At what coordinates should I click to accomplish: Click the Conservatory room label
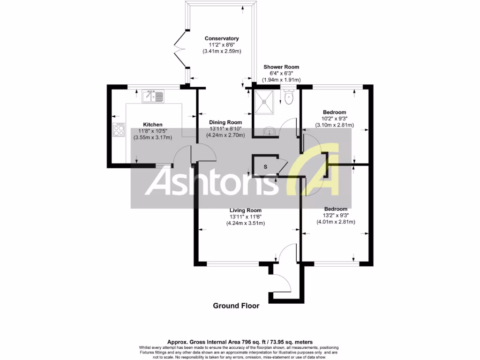pos(222,38)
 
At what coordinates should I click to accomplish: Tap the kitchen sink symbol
pos(153,96)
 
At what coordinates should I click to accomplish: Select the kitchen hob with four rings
pos(119,129)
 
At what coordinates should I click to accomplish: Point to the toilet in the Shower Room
pos(289,97)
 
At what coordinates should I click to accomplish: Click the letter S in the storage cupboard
pos(265,167)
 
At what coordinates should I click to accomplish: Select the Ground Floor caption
pos(236,306)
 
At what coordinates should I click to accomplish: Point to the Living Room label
pos(245,210)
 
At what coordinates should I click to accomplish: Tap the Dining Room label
pos(225,122)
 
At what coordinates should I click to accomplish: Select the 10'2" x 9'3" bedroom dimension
pos(334,119)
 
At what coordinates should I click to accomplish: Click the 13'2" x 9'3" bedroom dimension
pos(336,216)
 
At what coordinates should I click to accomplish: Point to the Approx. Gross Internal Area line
pos(240,342)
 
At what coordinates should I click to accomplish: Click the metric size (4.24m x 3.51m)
pos(245,223)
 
